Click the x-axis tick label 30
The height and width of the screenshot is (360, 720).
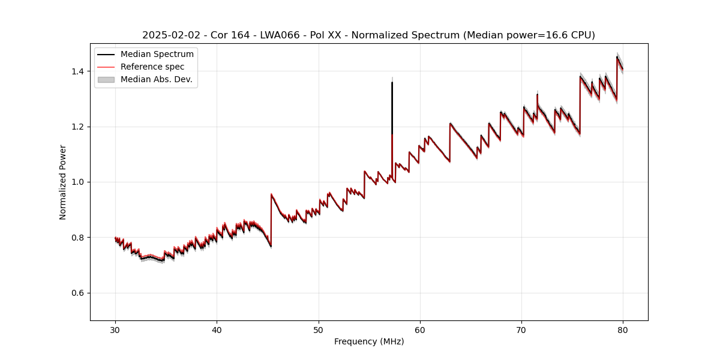coord(115,330)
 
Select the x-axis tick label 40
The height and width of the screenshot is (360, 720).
coord(217,330)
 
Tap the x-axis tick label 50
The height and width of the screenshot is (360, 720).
coord(319,330)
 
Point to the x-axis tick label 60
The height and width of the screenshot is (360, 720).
coord(420,330)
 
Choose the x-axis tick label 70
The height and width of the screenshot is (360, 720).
coord(521,330)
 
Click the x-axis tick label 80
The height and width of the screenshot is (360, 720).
coord(623,330)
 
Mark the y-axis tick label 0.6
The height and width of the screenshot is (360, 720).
coord(79,293)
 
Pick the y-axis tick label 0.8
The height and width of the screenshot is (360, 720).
coord(79,238)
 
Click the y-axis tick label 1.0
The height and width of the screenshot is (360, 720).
coord(79,182)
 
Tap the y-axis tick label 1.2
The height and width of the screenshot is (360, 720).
coord(79,127)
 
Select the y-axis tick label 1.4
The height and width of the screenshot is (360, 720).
coord(79,71)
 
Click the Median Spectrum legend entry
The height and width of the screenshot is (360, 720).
coord(157,55)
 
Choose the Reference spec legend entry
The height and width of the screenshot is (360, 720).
coord(152,67)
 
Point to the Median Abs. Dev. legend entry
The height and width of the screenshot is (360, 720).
coord(156,80)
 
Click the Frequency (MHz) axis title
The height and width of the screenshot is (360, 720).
coord(369,342)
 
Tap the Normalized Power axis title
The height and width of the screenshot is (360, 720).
coord(63,182)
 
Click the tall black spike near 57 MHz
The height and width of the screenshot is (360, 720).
coord(392,108)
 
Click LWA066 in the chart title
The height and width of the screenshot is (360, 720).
coord(280,35)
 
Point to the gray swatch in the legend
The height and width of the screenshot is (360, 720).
coord(106,80)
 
